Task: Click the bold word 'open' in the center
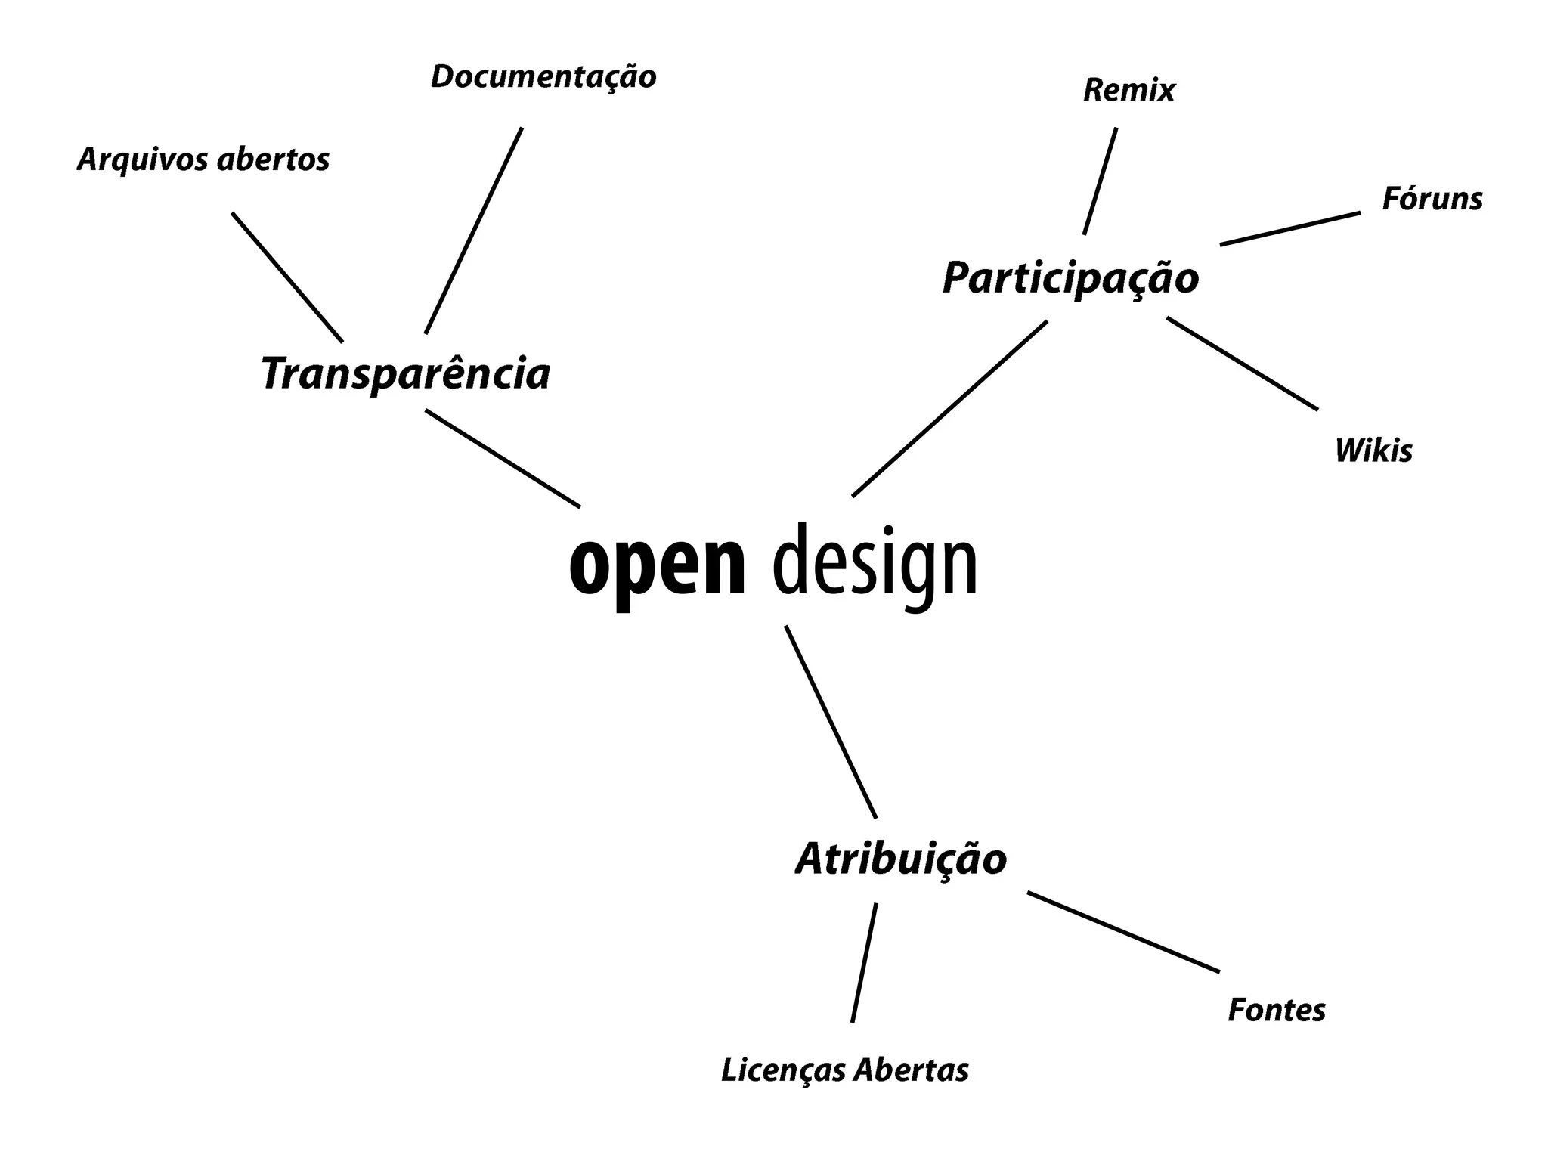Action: pos(658,565)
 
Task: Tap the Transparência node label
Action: pos(405,373)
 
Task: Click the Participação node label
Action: pos(1070,278)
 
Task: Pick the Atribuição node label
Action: pos(901,859)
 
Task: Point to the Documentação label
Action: pos(543,76)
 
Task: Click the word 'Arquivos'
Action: pos(141,159)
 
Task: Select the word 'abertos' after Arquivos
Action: pos(274,159)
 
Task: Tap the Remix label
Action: pos(1129,90)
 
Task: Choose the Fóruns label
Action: pos(1432,199)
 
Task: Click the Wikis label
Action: pos(1373,450)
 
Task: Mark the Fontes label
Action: pos(1277,1010)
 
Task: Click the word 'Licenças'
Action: pos(783,1070)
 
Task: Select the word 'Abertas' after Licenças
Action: pos(912,1070)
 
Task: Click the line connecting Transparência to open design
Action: pos(503,458)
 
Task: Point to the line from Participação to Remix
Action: pos(1100,181)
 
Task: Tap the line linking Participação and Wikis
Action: pos(1242,364)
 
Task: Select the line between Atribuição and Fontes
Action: pos(1123,932)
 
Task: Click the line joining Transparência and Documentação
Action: pos(474,231)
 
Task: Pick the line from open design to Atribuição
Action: pos(831,722)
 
